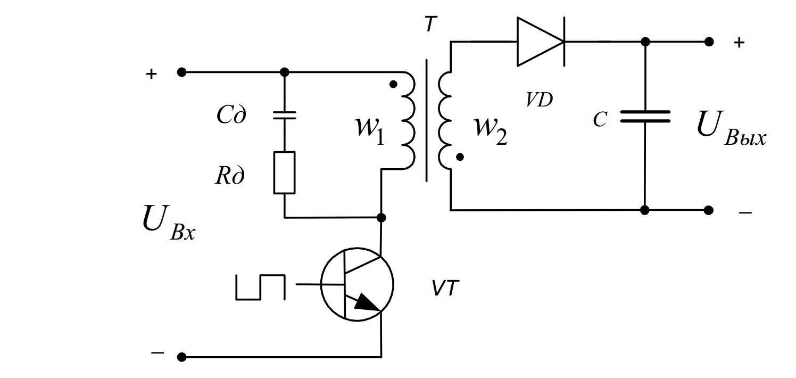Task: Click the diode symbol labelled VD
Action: click(541, 42)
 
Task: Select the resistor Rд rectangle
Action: click(284, 172)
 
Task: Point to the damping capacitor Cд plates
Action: click(284, 116)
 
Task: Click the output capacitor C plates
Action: click(645, 117)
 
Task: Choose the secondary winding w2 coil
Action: click(445, 119)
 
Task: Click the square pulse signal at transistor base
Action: click(260, 286)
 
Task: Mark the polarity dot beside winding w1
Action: click(393, 84)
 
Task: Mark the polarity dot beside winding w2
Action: click(460, 157)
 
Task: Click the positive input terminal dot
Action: click(181, 72)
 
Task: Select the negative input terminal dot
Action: click(181, 356)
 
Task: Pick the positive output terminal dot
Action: click(708, 42)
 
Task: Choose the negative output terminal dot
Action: click(708, 210)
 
